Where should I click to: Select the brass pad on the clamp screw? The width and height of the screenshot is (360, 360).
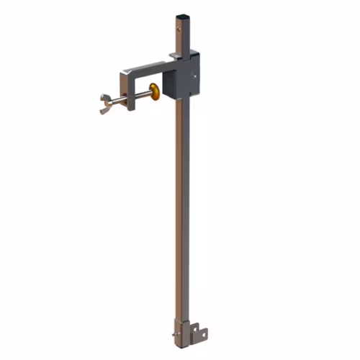(155, 91)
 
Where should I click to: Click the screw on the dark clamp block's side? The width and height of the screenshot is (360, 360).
(195, 74)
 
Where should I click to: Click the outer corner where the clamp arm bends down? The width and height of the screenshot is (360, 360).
(124, 70)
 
